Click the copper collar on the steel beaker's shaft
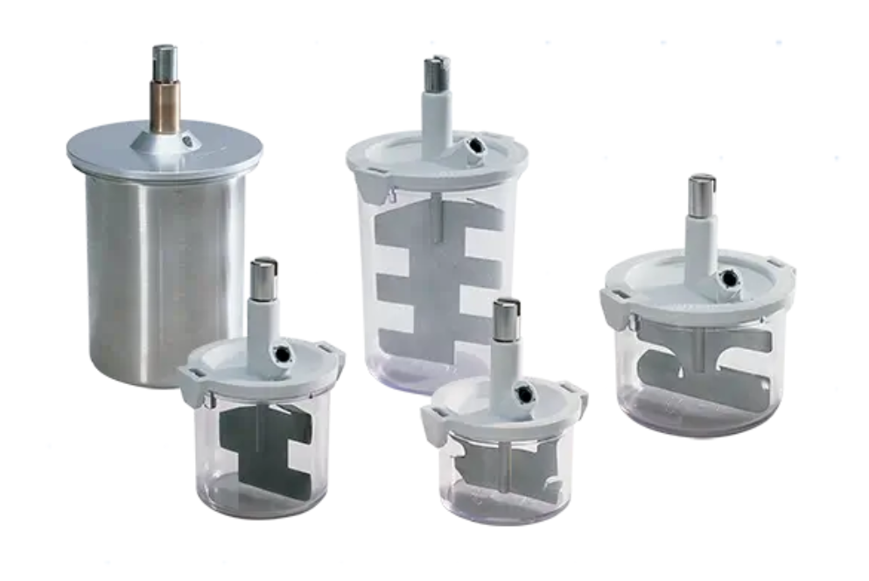pyautogui.click(x=165, y=106)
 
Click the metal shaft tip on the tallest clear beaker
pyautogui.click(x=437, y=73)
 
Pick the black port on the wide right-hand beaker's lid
pyautogui.click(x=725, y=280)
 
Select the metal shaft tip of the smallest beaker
pyautogui.click(x=506, y=318)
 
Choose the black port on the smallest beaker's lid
pyautogui.click(x=523, y=395)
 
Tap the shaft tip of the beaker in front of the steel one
pyautogui.click(x=263, y=278)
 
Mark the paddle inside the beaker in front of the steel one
pyautogui.click(x=263, y=442)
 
